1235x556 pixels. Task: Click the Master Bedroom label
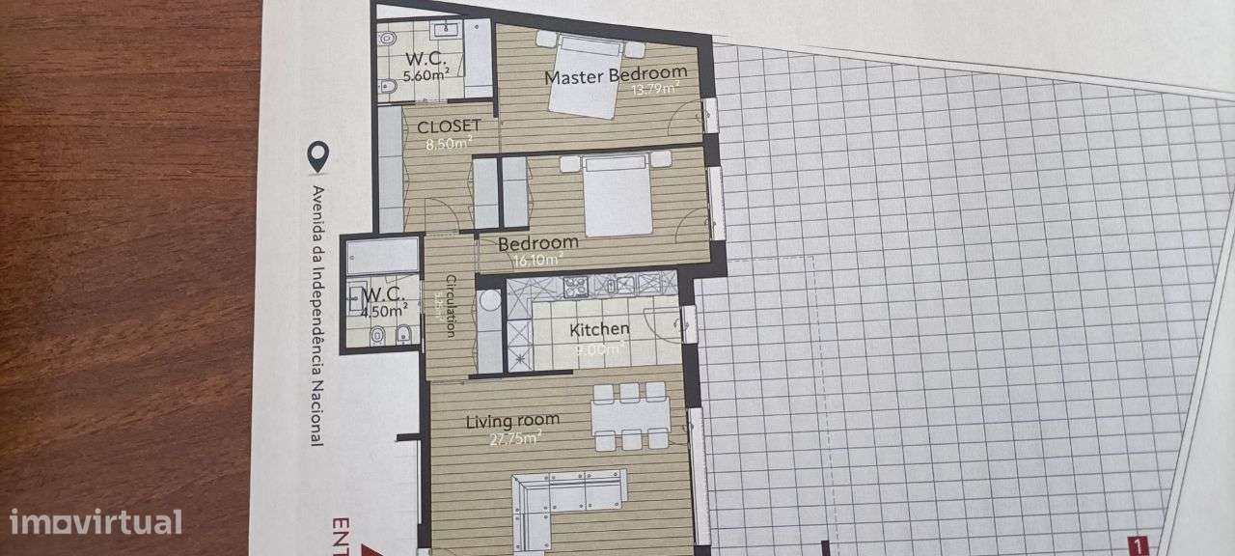[x=616, y=72]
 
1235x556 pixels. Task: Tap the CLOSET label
[x=449, y=125]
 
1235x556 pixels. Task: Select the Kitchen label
[x=599, y=330]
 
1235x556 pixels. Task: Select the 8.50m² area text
[x=449, y=145]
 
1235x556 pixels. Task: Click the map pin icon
[x=316, y=154]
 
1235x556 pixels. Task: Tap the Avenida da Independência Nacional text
[x=316, y=314]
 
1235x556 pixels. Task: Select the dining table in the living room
[x=631, y=416]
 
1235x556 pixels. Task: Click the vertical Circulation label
[x=450, y=302]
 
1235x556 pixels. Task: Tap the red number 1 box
[x=1139, y=544]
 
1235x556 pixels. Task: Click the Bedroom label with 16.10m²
[x=538, y=242]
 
